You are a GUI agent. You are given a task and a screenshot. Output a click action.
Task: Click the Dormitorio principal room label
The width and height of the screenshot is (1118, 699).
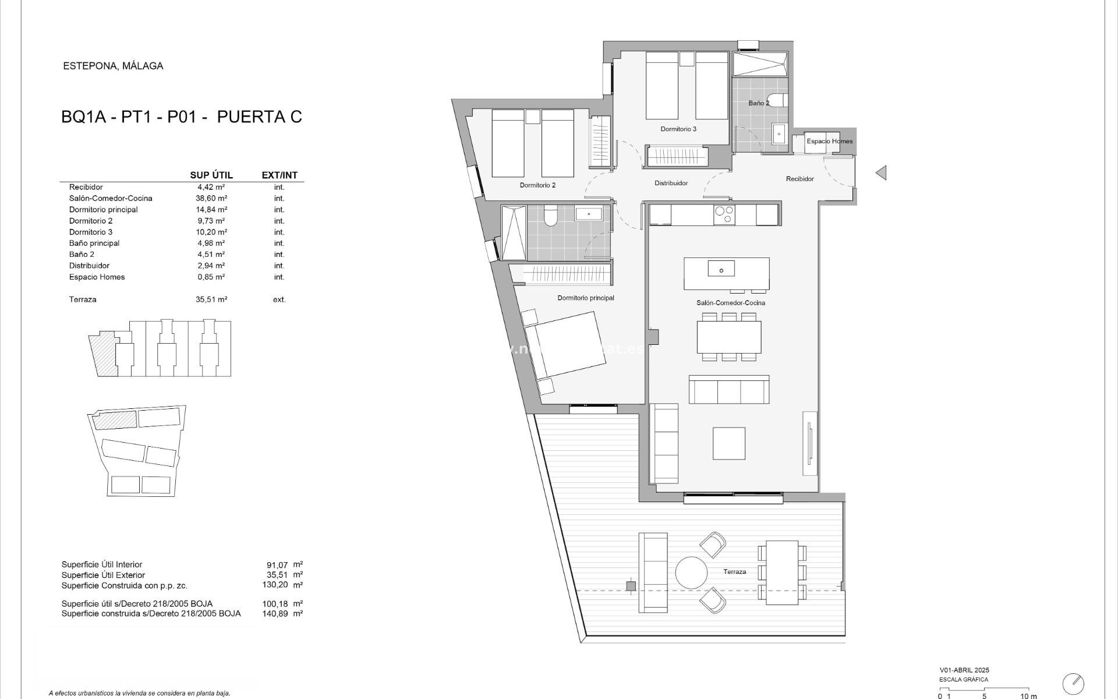click(586, 298)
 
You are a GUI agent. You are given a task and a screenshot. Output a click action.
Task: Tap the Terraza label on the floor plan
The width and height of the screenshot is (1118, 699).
click(734, 572)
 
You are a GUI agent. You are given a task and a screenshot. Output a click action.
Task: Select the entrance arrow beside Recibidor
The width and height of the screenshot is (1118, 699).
click(881, 172)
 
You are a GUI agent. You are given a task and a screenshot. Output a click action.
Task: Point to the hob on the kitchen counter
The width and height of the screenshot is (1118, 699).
click(724, 214)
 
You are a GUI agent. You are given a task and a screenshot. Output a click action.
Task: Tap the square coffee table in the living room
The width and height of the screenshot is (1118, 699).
click(729, 443)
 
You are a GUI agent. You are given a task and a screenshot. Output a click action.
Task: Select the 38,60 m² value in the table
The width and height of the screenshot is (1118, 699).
click(211, 199)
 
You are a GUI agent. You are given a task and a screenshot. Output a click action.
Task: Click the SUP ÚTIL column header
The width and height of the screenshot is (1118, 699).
click(211, 175)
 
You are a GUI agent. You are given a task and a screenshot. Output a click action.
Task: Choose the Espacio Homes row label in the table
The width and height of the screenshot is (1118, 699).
click(97, 277)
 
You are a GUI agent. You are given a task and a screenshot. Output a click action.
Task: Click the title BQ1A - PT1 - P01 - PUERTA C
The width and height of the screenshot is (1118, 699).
click(182, 117)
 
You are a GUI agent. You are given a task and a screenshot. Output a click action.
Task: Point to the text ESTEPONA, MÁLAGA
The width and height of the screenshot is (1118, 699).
click(113, 66)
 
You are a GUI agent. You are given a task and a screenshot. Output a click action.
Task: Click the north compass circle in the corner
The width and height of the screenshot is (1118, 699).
click(1073, 683)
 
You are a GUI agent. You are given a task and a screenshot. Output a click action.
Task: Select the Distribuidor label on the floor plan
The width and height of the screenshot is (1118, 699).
click(671, 183)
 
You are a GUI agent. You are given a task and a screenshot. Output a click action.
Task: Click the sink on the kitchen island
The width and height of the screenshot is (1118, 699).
click(721, 269)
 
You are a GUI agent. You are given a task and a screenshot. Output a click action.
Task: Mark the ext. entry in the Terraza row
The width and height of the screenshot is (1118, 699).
click(279, 300)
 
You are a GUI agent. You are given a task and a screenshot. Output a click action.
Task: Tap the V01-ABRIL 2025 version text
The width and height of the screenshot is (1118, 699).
click(964, 670)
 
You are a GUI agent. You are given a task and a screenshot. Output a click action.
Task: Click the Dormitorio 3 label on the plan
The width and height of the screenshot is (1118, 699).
click(678, 129)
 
